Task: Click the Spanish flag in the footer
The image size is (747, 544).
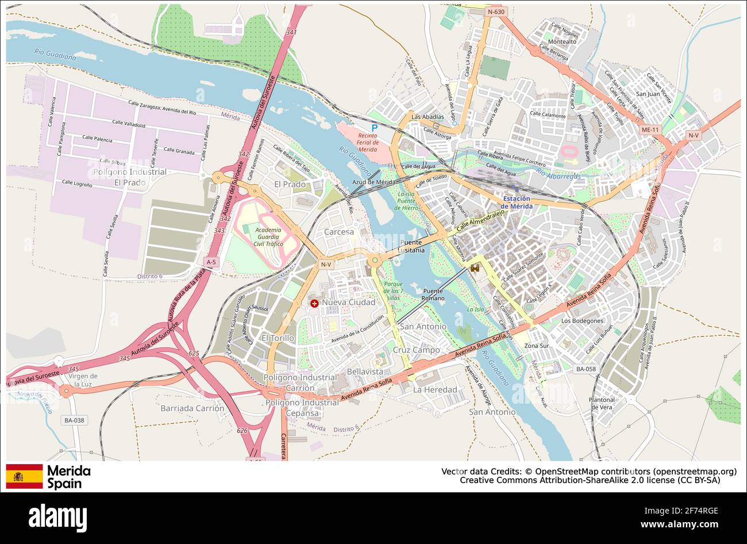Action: (x=24, y=476)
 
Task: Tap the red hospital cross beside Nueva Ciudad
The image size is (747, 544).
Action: (x=314, y=303)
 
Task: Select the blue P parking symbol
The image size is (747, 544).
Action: (x=375, y=128)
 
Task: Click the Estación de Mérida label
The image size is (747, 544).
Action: (x=516, y=202)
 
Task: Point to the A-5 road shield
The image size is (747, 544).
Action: (x=211, y=262)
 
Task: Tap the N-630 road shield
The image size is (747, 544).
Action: (x=495, y=12)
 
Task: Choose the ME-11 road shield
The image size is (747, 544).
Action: (x=650, y=130)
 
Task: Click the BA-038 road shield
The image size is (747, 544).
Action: (x=74, y=420)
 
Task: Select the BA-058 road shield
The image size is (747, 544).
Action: (x=586, y=369)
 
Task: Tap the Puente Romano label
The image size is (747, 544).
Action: (x=433, y=294)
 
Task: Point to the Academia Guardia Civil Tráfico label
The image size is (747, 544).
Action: (x=268, y=237)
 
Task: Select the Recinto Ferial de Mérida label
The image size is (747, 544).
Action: (x=364, y=143)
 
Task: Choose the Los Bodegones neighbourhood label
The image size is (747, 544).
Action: (x=582, y=321)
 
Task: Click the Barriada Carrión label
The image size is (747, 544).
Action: (x=193, y=408)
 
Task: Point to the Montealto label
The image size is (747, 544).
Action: (x=562, y=41)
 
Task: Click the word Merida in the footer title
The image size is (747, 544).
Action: (x=68, y=471)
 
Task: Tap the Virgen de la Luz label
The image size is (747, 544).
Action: (x=83, y=380)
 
